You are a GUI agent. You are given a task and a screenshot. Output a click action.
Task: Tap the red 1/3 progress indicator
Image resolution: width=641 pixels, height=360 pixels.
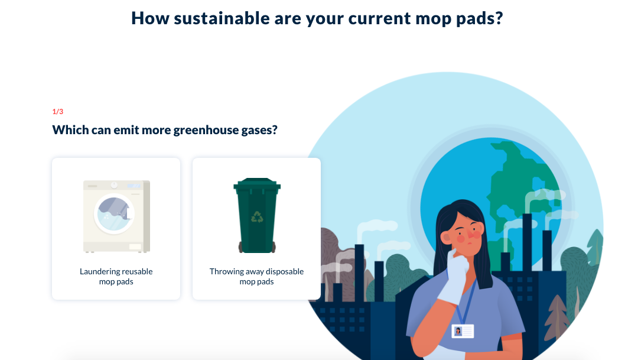tap(58, 111)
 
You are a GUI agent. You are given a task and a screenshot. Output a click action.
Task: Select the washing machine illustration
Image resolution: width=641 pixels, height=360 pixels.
tap(116, 216)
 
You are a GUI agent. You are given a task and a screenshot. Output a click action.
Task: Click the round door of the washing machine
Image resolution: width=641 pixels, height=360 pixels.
tap(114, 214)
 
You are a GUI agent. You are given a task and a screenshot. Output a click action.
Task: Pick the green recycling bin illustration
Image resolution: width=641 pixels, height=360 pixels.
tap(257, 215)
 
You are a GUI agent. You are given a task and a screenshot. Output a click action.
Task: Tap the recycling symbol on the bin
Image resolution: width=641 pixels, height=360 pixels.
tap(257, 217)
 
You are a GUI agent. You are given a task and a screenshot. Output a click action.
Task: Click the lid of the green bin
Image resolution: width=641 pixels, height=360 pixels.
tap(257, 183)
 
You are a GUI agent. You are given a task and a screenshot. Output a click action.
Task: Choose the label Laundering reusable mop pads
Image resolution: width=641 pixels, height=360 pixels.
tap(116, 277)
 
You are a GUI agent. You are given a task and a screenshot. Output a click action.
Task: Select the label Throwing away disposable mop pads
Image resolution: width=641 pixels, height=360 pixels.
tap(257, 277)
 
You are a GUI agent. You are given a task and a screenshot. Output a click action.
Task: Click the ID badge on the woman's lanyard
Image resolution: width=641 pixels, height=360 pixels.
tap(463, 331)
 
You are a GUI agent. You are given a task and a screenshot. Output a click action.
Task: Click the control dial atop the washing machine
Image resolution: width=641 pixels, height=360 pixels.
tap(114, 185)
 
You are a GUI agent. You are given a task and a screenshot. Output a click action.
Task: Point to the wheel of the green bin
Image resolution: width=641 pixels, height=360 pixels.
tap(241, 247)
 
